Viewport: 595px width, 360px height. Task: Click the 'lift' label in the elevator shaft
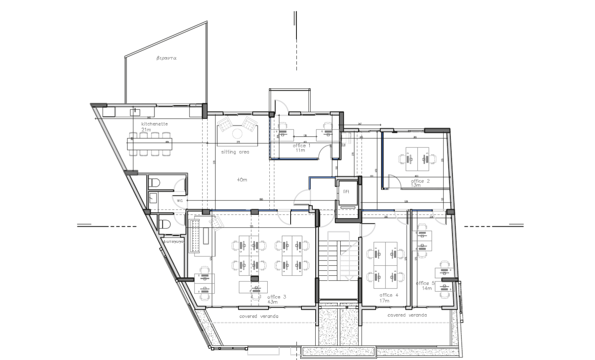tap(346, 192)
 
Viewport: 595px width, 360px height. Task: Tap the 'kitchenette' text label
tap(154, 124)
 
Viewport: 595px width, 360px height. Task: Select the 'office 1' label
tap(301, 145)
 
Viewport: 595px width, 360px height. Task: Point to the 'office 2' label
tap(420, 181)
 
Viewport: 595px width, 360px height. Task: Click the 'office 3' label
tap(277, 297)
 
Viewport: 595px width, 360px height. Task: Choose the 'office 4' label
tap(389, 295)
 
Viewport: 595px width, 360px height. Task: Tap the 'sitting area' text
tap(235, 152)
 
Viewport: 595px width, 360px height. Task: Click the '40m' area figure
tap(242, 180)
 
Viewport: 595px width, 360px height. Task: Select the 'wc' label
tap(180, 200)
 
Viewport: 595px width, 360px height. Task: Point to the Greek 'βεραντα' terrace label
tap(166, 58)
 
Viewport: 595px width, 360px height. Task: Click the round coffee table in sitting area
tap(237, 134)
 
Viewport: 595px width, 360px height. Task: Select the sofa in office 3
tap(195, 236)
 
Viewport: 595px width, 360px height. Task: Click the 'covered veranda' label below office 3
tap(259, 316)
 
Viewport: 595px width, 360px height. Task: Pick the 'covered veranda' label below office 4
tap(407, 315)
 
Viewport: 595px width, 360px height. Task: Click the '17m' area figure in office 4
tap(385, 300)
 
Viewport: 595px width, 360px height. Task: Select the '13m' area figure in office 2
tap(416, 185)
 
